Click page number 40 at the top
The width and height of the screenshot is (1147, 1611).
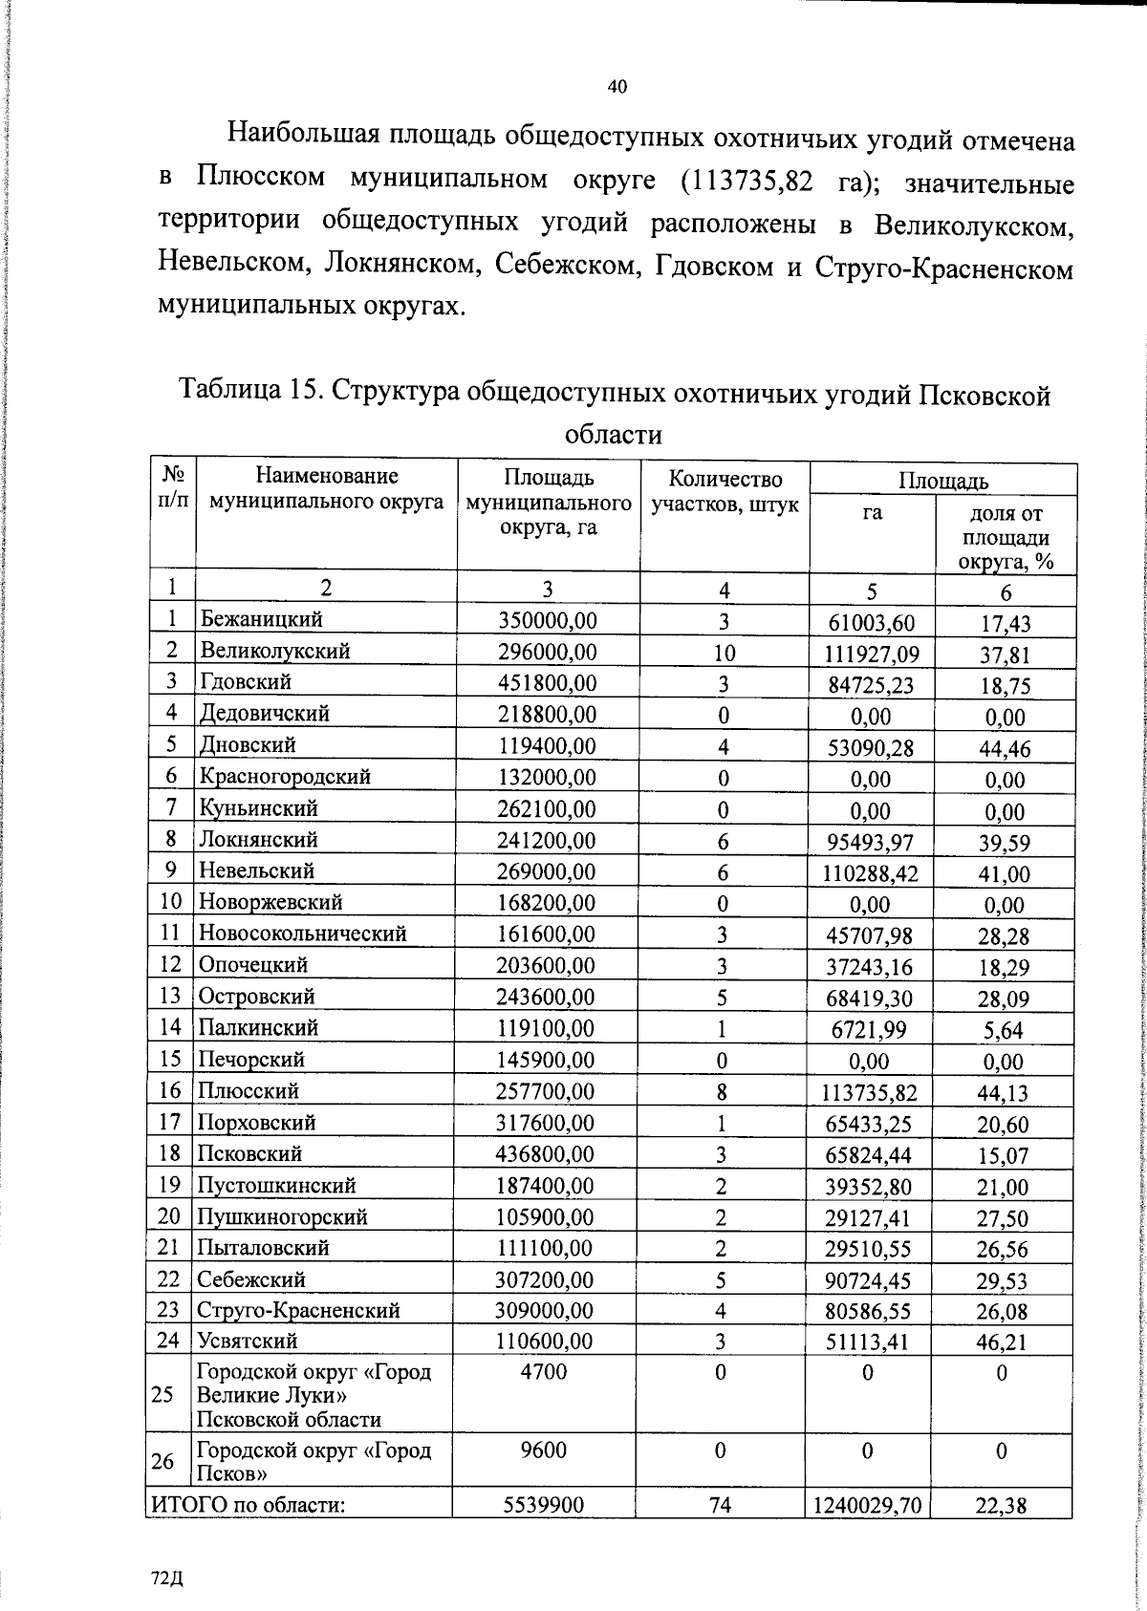[x=617, y=87]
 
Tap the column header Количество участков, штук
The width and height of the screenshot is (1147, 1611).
[x=725, y=491]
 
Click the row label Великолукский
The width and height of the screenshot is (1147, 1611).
[x=274, y=651]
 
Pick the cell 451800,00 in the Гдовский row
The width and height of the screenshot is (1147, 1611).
[x=546, y=682]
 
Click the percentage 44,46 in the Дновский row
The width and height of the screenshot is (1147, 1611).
[x=1004, y=748]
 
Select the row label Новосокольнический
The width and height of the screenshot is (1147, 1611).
[x=302, y=933]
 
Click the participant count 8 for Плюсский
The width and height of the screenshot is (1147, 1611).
[x=723, y=1091]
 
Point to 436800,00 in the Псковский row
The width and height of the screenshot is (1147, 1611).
[x=546, y=1154]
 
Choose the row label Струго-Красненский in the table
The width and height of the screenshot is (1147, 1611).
[x=298, y=1310]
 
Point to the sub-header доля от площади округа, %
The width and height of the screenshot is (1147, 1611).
[x=1006, y=537]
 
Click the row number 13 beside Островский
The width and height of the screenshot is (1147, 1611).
[x=170, y=996]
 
